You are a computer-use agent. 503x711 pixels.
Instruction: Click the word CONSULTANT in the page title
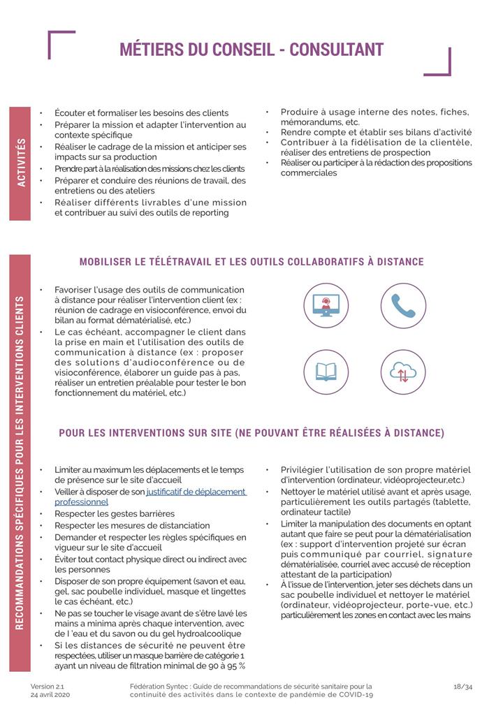pyautogui.click(x=336, y=50)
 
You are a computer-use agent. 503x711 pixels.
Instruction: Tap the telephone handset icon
pyautogui.click(x=403, y=305)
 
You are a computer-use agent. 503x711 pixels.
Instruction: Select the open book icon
pyautogui.click(x=326, y=372)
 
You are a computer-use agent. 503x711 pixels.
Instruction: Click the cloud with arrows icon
pyautogui.click(x=403, y=372)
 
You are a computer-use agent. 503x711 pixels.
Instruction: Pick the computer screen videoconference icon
pyautogui.click(x=326, y=305)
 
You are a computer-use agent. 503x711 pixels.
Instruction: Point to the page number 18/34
pyautogui.click(x=463, y=687)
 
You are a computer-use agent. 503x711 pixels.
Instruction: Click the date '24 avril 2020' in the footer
pyautogui.click(x=50, y=695)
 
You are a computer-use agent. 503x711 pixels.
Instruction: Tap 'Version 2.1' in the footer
pyautogui.click(x=46, y=687)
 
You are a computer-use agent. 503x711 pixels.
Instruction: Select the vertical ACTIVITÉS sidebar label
pyautogui.click(x=20, y=163)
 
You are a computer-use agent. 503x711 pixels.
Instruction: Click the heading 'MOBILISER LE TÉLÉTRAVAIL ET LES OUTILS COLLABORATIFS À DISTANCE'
pyautogui.click(x=251, y=262)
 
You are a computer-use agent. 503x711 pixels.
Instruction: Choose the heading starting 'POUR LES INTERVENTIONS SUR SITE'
pyautogui.click(x=251, y=433)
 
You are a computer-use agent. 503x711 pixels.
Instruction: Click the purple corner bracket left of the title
pyautogui.click(x=61, y=44)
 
